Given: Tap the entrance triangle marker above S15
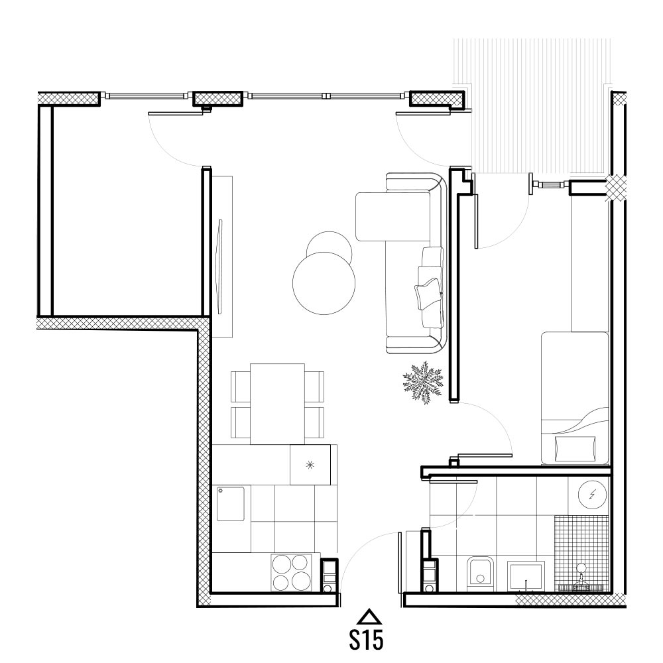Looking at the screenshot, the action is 369,617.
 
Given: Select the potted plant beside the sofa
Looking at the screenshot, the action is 422,383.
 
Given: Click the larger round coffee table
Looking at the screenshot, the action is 324,283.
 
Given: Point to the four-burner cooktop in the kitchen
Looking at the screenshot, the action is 290,573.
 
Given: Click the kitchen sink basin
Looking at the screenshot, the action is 231,504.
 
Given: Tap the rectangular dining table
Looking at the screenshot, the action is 277,404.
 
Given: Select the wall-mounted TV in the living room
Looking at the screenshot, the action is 219,267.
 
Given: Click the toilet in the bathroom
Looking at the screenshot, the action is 480,573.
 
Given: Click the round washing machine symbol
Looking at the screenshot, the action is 592,494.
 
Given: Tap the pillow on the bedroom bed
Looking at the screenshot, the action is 575,449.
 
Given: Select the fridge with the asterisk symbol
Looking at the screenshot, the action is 310,465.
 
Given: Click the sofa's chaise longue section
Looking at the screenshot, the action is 392,217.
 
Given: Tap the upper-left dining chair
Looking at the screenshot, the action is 241,387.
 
